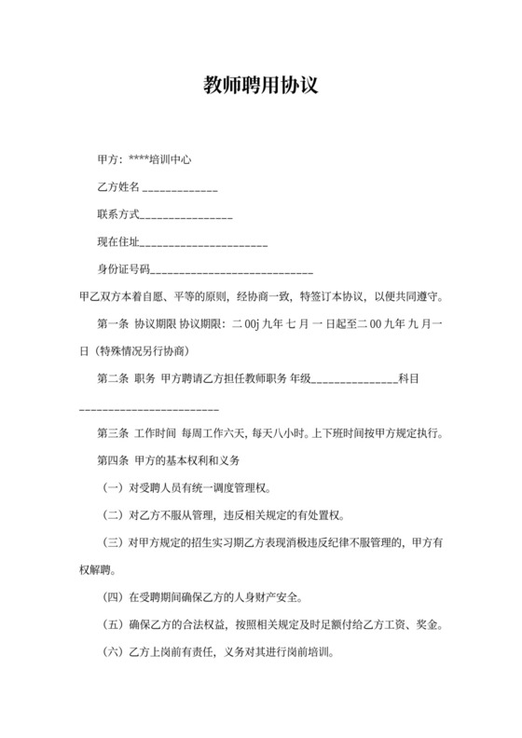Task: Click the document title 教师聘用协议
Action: click(261, 86)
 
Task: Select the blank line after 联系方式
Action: click(185, 218)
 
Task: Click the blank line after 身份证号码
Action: click(231, 272)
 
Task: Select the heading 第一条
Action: click(112, 324)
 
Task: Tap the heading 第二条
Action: click(112, 379)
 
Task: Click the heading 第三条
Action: click(112, 434)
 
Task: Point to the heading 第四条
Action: click(112, 461)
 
